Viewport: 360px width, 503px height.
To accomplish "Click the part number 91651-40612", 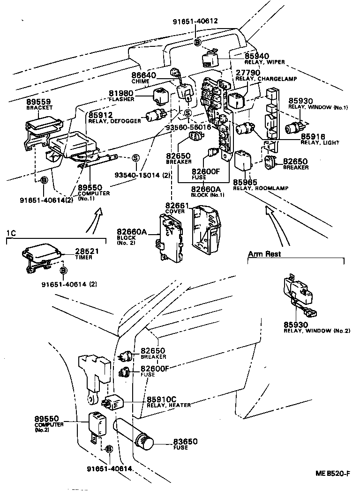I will pyautogui.click(x=195, y=21).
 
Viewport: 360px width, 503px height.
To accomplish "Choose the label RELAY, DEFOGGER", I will pyautogui.click(x=114, y=121).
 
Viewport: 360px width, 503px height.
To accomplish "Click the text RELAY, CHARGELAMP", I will pyautogui.click(x=266, y=79).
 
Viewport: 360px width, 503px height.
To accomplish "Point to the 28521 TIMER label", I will pyautogui.click(x=87, y=254).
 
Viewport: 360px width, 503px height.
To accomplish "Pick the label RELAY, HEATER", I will pyautogui.click(x=169, y=405).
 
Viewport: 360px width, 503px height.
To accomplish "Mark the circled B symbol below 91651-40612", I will pyautogui.click(x=197, y=42).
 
